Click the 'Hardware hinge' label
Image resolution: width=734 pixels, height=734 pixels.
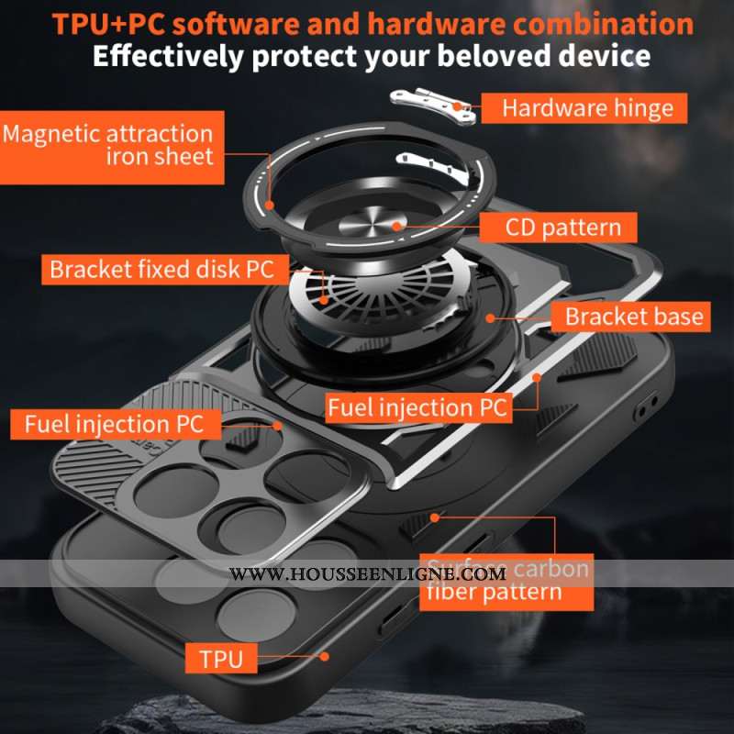587,108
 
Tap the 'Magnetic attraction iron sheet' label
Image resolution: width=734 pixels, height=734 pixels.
107,144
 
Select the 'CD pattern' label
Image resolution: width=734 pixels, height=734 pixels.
563,227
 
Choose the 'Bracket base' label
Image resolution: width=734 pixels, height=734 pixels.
634,317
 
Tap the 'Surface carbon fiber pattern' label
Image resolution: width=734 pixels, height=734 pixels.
504,579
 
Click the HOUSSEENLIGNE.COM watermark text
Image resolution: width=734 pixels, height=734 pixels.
367,574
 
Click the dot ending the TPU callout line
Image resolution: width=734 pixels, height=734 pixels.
324,656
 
